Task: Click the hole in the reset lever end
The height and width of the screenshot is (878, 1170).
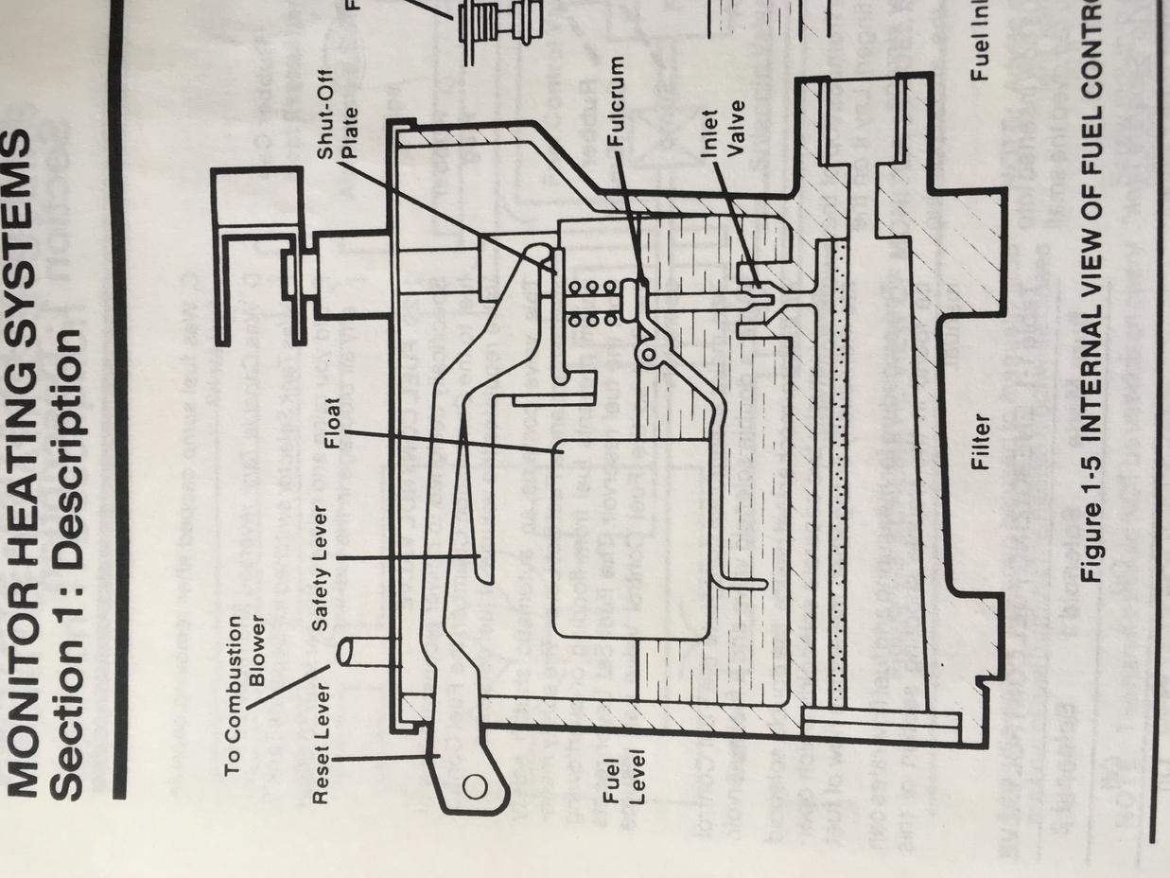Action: tap(475, 784)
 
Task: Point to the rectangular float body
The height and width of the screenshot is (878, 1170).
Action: tap(629, 539)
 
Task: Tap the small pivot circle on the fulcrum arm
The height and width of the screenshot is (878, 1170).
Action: tap(650, 354)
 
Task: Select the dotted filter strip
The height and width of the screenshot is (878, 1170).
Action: tap(836, 473)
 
